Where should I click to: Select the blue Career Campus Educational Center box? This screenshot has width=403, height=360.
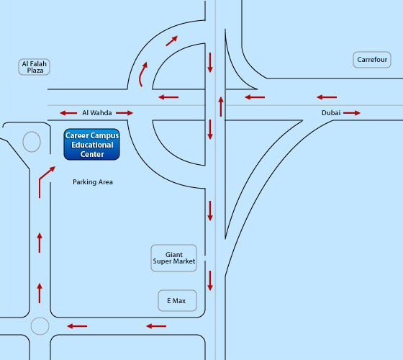(92, 145)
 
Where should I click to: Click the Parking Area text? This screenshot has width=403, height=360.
(93, 182)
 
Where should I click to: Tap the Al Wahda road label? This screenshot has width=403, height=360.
(97, 113)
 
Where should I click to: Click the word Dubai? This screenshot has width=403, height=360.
(331, 113)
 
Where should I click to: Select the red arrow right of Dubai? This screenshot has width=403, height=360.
(352, 113)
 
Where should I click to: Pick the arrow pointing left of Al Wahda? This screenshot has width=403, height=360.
(68, 113)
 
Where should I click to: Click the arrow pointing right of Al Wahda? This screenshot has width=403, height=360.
(124, 113)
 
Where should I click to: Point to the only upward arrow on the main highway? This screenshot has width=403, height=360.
(221, 107)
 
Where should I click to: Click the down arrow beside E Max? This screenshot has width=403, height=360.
(210, 281)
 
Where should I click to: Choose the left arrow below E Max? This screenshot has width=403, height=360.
(156, 326)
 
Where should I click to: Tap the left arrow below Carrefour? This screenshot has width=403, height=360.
(327, 97)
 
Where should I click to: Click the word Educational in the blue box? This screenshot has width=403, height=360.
(92, 145)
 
